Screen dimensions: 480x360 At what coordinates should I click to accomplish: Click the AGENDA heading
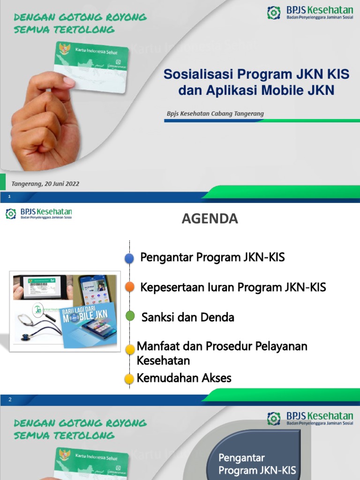click(210, 219)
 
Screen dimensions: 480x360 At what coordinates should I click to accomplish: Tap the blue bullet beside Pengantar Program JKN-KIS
click(129, 258)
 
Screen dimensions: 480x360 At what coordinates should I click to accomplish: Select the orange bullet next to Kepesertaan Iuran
click(130, 287)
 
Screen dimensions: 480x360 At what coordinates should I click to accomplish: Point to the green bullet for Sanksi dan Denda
click(130, 316)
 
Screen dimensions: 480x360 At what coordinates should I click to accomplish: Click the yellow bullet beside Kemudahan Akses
click(129, 379)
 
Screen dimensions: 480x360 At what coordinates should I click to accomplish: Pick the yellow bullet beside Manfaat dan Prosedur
click(130, 349)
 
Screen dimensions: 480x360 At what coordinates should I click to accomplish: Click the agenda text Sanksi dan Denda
click(187, 317)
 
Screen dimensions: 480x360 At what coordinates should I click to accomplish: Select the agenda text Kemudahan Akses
click(184, 378)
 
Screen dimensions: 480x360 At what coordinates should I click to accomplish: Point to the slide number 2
click(9, 399)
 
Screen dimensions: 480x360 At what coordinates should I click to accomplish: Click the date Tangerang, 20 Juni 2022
click(45, 184)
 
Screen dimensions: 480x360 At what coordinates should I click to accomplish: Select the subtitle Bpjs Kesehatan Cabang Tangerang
click(215, 113)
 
